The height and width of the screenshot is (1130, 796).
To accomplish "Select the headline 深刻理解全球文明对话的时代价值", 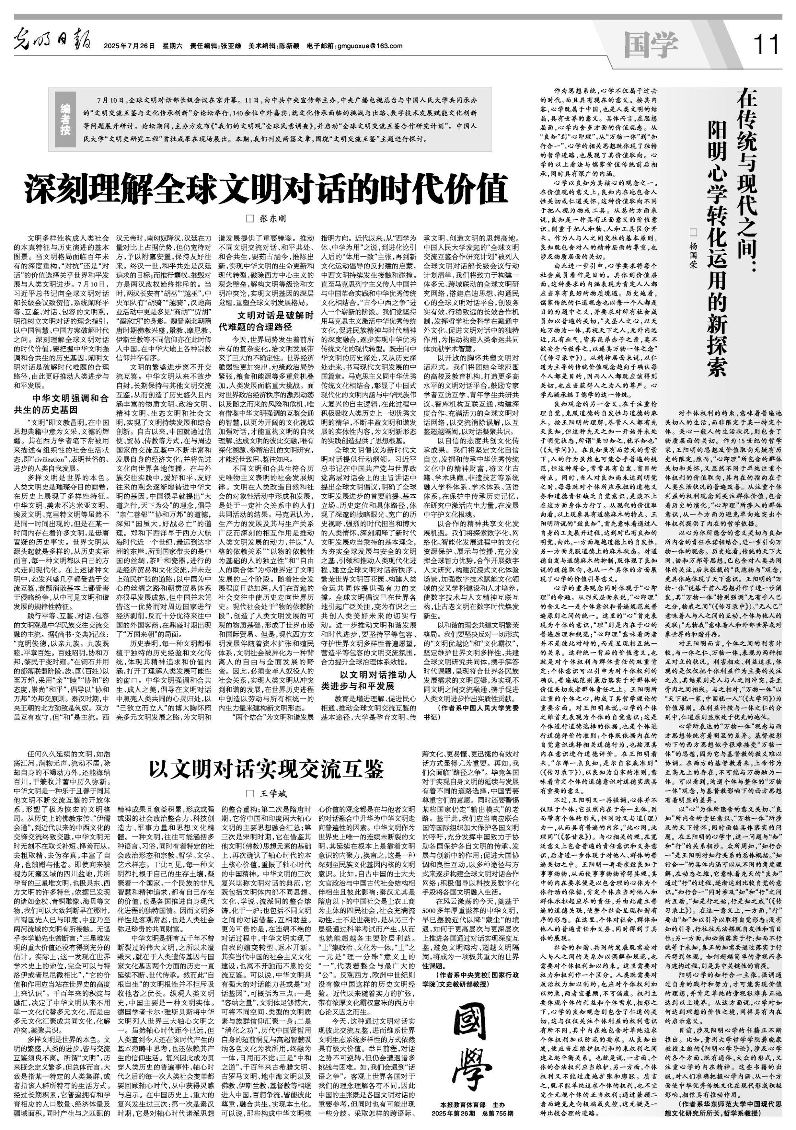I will point(266,189).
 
